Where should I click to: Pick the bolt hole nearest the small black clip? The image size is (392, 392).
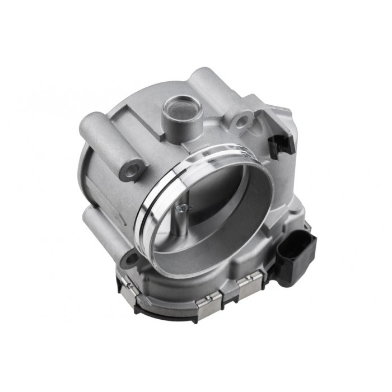click(x=242, y=120)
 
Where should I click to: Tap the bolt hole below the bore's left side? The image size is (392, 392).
click(x=130, y=259)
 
